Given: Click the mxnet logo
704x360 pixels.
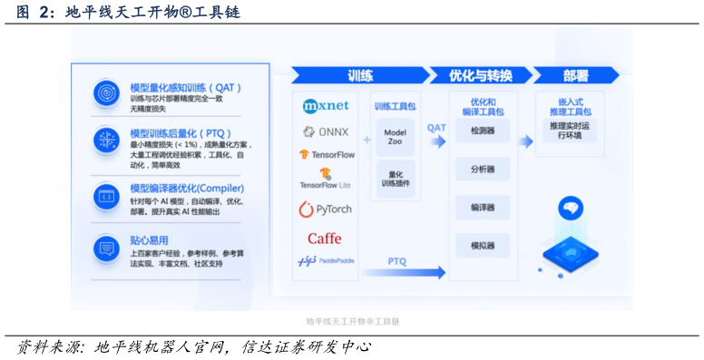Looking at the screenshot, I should click(x=326, y=106).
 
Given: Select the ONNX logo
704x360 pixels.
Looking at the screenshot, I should click(x=326, y=131).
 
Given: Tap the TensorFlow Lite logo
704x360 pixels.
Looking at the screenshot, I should click(x=326, y=178).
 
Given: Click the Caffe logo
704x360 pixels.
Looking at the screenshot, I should click(x=325, y=238).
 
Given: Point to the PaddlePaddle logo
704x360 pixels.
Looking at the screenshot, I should click(x=326, y=261).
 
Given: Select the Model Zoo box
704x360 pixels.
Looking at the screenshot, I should click(x=395, y=137).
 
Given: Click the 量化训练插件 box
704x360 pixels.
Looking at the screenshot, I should click(x=395, y=179).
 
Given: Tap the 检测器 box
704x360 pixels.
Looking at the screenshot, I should click(x=483, y=131).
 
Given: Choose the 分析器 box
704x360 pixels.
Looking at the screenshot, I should click(x=483, y=169).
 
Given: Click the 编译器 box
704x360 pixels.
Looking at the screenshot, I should click(x=483, y=208).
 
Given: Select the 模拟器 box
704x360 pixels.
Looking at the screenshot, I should click(x=483, y=246).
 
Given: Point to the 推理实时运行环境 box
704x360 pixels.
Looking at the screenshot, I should click(x=570, y=131).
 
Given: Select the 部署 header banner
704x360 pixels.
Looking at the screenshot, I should click(x=575, y=76).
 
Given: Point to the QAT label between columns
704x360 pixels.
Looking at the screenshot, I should click(x=436, y=128).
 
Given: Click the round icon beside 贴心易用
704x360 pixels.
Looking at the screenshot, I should click(x=106, y=248).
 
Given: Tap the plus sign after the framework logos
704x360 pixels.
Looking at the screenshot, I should click(x=367, y=140).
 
